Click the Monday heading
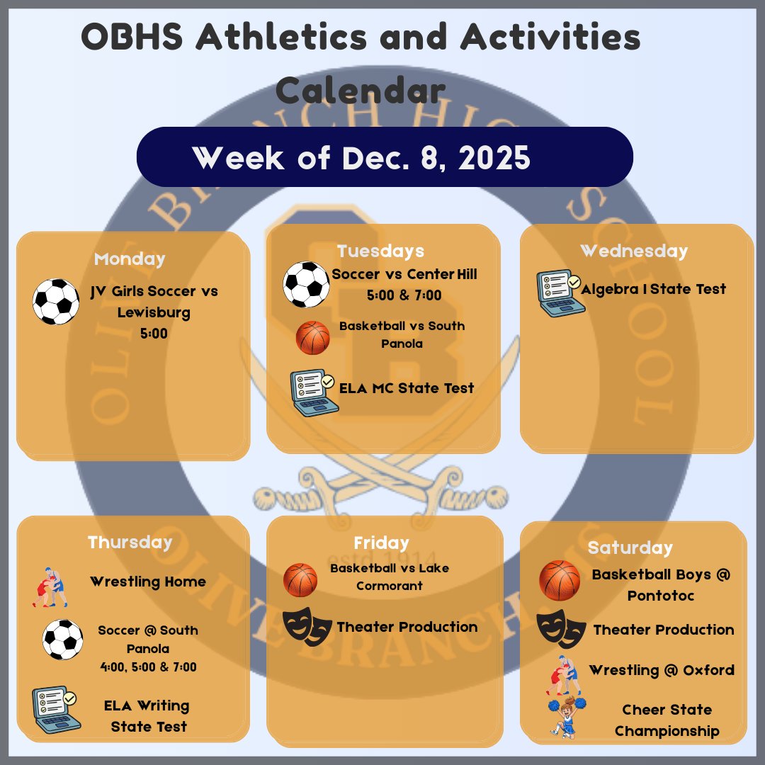(130, 259)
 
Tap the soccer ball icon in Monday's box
(56, 301)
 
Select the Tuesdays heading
(380, 251)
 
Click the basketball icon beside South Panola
(312, 338)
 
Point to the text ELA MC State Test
(407, 388)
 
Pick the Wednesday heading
(633, 251)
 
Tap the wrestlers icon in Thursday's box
(50, 586)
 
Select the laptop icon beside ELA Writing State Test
(56, 709)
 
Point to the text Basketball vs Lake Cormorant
(389, 577)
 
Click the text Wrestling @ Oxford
(661, 670)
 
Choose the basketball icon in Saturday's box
(560, 581)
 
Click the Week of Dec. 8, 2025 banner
(384, 157)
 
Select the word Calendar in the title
(361, 91)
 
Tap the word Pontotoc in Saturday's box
(660, 596)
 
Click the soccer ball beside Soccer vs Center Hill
(306, 285)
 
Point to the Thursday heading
(130, 542)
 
